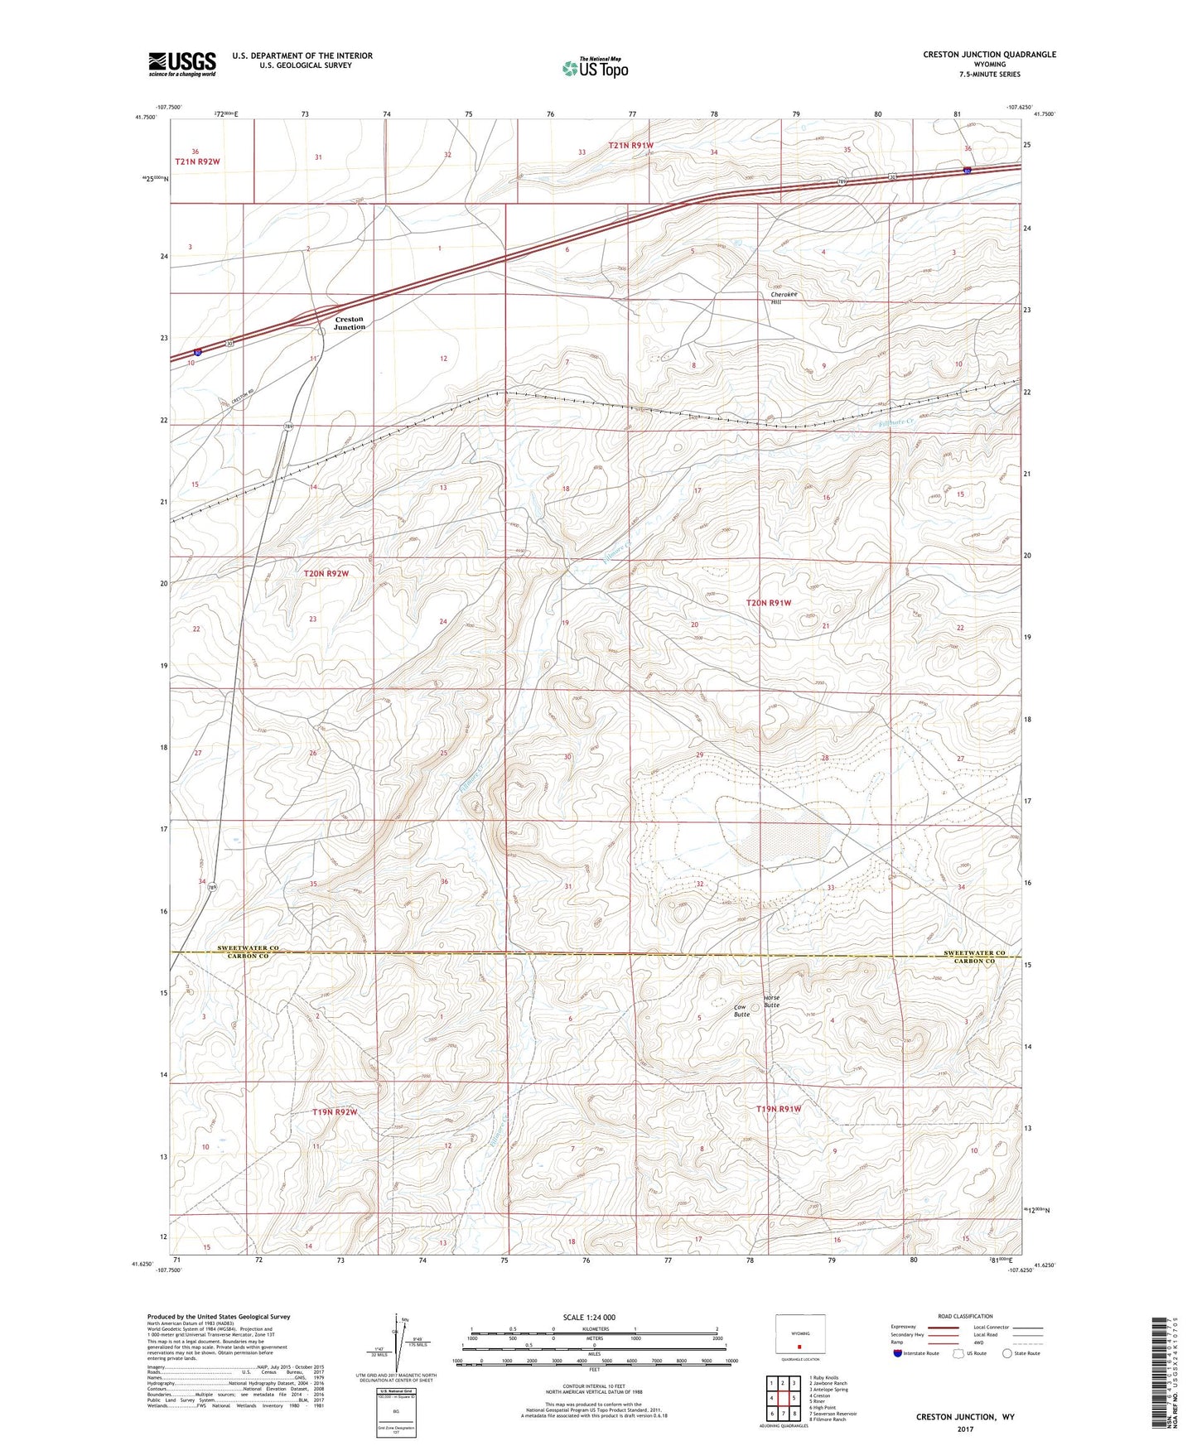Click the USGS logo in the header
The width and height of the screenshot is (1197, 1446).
(182, 64)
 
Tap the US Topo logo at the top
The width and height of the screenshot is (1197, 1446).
(594, 68)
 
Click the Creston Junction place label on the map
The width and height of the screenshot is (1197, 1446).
(349, 323)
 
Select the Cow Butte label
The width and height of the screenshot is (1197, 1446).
(741, 1010)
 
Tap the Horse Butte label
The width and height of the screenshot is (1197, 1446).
(771, 1001)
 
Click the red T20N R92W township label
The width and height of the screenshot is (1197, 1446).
(326, 573)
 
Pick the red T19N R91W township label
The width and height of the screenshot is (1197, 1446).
(779, 1108)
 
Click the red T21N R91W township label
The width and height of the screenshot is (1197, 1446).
(631, 146)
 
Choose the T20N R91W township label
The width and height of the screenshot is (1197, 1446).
(769, 603)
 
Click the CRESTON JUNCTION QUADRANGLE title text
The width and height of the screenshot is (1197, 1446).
(989, 55)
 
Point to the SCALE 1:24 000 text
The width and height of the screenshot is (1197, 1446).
(589, 1317)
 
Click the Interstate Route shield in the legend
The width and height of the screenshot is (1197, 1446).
(899, 1353)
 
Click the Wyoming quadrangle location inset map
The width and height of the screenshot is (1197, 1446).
(799, 1335)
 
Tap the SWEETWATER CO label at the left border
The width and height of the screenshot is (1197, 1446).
(248, 947)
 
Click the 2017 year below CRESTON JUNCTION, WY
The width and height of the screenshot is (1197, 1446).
(964, 1429)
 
